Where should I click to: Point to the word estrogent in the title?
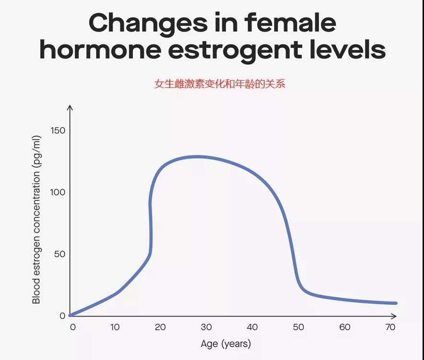tap(235, 51)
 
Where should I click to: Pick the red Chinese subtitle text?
tap(220, 84)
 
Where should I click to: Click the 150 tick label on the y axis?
tap(58, 131)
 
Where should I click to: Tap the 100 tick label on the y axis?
tap(58, 192)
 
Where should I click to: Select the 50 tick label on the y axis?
tap(60, 254)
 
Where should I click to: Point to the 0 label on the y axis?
tap(62, 316)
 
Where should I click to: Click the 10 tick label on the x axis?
tap(115, 327)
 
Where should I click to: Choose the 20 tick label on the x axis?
tap(160, 327)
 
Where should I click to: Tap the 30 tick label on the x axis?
tap(206, 327)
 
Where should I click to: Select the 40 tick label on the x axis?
tap(252, 327)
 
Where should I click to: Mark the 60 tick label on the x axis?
tap(345, 327)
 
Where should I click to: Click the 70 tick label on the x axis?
tap(390, 327)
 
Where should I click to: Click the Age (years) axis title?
tap(226, 344)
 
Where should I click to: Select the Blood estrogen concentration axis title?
tap(36, 219)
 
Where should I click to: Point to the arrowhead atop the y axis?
tap(70, 108)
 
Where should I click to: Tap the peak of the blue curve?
tap(198, 157)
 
